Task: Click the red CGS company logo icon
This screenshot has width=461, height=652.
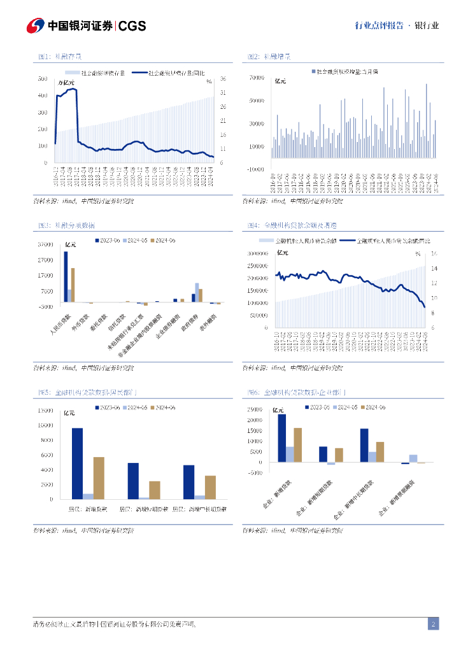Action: pos(35,25)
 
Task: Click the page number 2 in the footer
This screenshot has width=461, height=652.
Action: pos(433,624)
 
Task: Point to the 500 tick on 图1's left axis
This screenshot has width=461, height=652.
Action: pos(43,79)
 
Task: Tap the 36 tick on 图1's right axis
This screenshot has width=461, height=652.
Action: pos(224,79)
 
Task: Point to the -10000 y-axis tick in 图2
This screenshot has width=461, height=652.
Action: pos(255,169)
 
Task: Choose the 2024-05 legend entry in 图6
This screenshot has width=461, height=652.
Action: pos(346,407)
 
